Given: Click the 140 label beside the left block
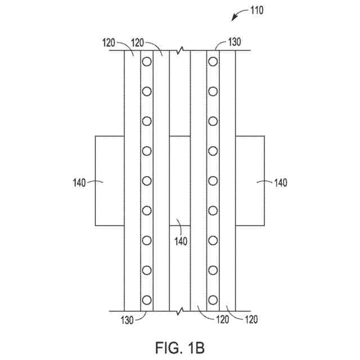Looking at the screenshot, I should [x=80, y=182].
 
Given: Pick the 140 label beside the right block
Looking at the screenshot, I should [x=280, y=182].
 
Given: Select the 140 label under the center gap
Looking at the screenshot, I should [x=180, y=241].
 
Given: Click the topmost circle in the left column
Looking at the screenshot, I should [x=147, y=61].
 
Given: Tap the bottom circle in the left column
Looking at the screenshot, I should [x=147, y=300].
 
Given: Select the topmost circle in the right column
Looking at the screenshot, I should [x=213, y=61].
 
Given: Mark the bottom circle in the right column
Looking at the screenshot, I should [x=213, y=300].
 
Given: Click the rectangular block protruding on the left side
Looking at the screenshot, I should [x=109, y=180].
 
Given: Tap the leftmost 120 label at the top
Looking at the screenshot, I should [x=110, y=42].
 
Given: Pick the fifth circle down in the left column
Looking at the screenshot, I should [x=147, y=181].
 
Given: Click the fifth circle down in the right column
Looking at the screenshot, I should [x=213, y=181].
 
